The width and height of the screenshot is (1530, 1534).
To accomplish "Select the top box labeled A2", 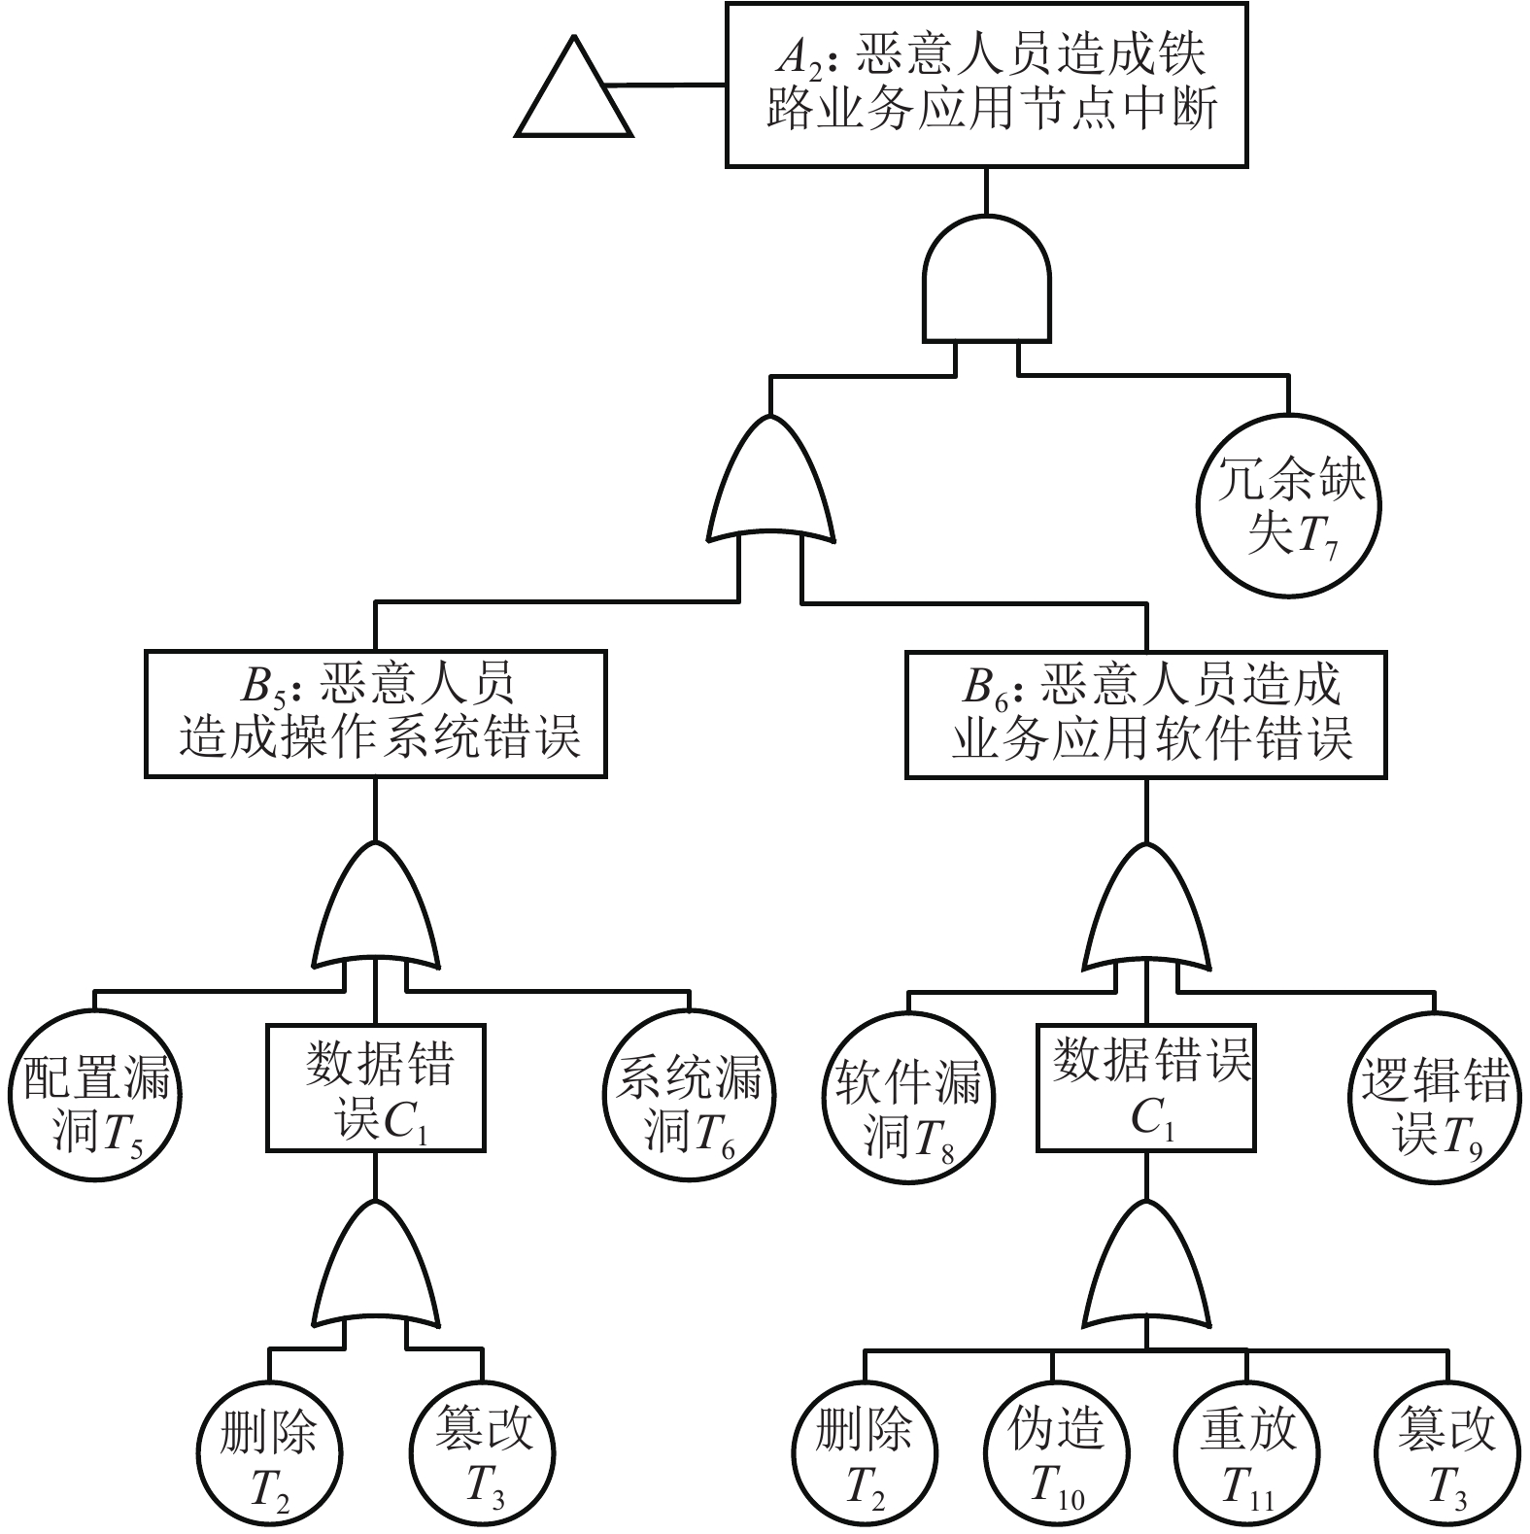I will (986, 85).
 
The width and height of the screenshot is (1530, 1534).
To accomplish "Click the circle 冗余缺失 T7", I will (1291, 506).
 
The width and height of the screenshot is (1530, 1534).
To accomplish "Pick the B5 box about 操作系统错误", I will (376, 714).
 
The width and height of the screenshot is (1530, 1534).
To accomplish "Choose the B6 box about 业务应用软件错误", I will (1145, 714).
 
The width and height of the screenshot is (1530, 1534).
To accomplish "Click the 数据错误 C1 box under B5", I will (376, 1088).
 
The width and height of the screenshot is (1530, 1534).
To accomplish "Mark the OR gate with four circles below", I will (1146, 1268).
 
